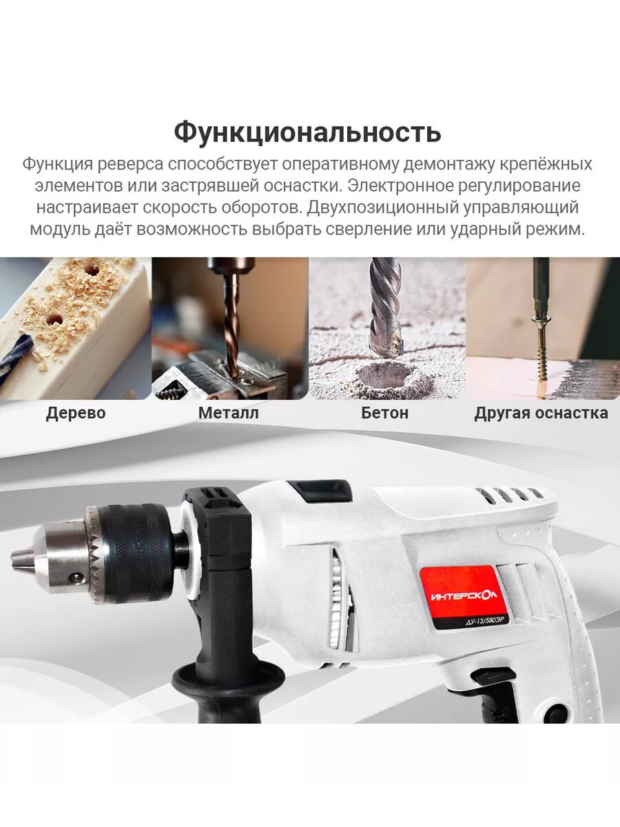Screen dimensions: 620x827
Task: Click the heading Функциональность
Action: pos(307,132)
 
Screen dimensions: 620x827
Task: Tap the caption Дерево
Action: pos(76,413)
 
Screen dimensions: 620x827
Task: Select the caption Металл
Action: pos(229,413)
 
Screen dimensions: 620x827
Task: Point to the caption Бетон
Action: pos(384,413)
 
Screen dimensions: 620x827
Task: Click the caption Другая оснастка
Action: pos(541,413)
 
